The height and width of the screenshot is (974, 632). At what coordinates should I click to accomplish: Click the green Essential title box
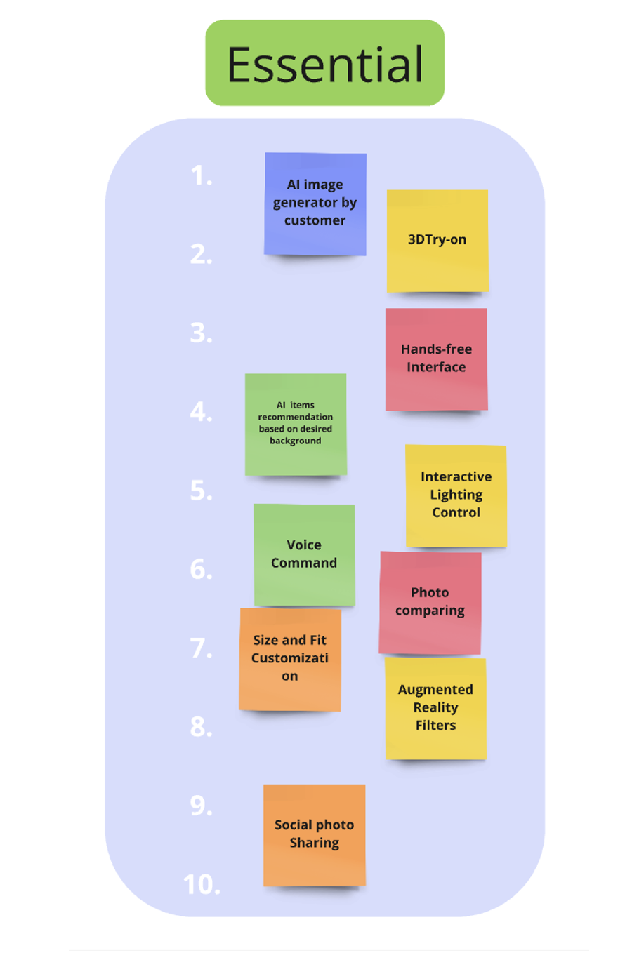[x=324, y=63]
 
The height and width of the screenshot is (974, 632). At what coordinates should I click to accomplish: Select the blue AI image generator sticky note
[x=315, y=203]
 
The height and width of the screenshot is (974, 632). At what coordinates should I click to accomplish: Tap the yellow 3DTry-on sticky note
[x=437, y=240]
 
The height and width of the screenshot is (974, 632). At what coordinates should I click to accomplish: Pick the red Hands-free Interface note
[x=436, y=359]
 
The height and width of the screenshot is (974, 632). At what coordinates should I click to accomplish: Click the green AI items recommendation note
[x=296, y=424]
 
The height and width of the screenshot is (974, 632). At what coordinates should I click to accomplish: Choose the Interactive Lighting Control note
[x=456, y=495]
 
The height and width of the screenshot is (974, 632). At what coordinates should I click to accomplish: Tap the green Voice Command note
[x=304, y=554]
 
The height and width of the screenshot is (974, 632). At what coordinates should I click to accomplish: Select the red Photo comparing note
[x=430, y=602]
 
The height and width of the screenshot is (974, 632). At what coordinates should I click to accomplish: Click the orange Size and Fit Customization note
[x=290, y=658]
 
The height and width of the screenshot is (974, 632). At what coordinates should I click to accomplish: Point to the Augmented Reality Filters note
[x=435, y=707]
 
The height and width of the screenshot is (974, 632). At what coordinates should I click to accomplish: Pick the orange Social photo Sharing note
[x=314, y=834]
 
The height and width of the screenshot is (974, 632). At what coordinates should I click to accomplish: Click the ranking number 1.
[x=201, y=175]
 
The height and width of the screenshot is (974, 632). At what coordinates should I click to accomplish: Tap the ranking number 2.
[x=201, y=254]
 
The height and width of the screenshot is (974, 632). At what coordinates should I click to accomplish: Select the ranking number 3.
[x=201, y=333]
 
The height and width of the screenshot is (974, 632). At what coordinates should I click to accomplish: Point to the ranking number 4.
[x=201, y=411]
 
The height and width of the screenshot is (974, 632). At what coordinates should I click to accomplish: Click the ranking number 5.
[x=201, y=491]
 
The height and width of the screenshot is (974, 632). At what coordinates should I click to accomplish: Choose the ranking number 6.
[x=201, y=569]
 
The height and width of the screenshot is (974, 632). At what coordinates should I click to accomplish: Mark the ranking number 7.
[x=201, y=648]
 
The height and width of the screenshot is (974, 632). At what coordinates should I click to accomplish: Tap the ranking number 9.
[x=201, y=806]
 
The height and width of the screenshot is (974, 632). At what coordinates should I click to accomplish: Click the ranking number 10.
[x=202, y=884]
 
